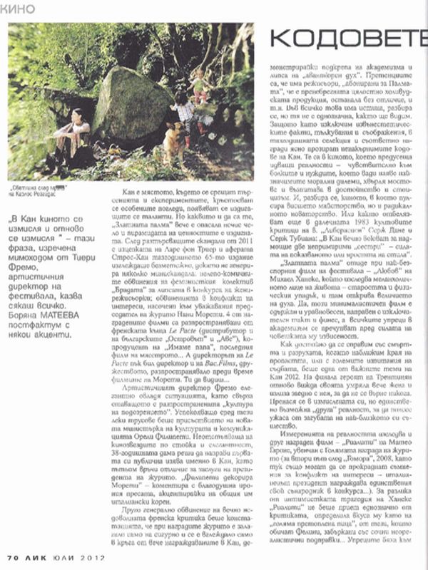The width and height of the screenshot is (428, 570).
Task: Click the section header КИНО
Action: pos(19,8)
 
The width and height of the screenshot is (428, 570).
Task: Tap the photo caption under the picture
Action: pos(47,187)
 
